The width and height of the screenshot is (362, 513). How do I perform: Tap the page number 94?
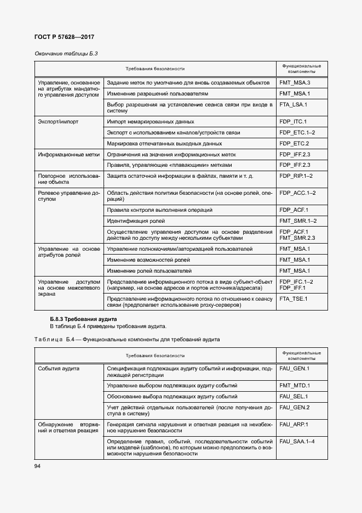pyautogui.click(x=38, y=466)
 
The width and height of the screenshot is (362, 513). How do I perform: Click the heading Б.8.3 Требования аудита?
pyautogui.click(x=83, y=319)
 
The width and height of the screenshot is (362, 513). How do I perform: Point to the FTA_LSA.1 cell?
pyautogui.click(x=293, y=104)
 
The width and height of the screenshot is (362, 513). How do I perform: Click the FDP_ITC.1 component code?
pyautogui.click(x=293, y=121)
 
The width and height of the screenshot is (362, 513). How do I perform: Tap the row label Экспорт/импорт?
pyautogui.click(x=58, y=121)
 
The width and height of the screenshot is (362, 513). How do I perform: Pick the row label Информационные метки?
pyautogui.click(x=68, y=154)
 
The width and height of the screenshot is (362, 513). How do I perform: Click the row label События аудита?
pyautogui.click(x=59, y=369)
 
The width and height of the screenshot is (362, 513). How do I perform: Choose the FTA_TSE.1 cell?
pyautogui.click(x=293, y=298)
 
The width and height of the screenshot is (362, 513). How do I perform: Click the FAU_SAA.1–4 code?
pyautogui.click(x=297, y=441)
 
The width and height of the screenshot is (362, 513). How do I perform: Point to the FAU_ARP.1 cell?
pyautogui.click(x=294, y=424)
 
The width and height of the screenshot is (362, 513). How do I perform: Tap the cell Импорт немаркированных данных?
pyautogui.click(x=151, y=121)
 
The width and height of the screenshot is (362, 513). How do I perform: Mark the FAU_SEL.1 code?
pyautogui.click(x=294, y=396)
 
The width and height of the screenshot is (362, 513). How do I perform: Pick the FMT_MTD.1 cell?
pyautogui.click(x=295, y=385)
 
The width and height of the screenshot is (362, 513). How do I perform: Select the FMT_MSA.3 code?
pyautogui.click(x=295, y=82)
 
